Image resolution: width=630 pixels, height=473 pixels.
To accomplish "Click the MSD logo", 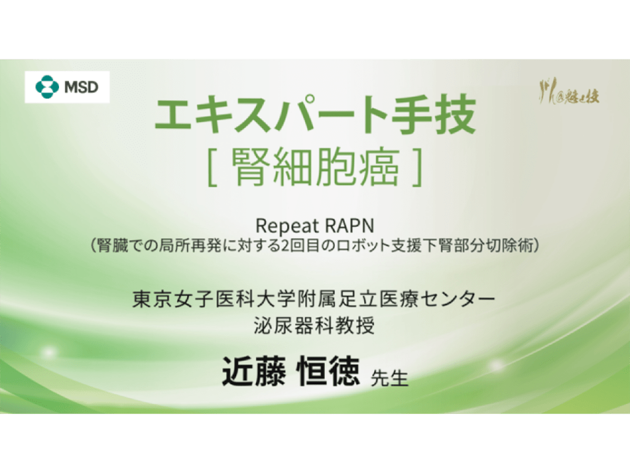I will click(x=67, y=87).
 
